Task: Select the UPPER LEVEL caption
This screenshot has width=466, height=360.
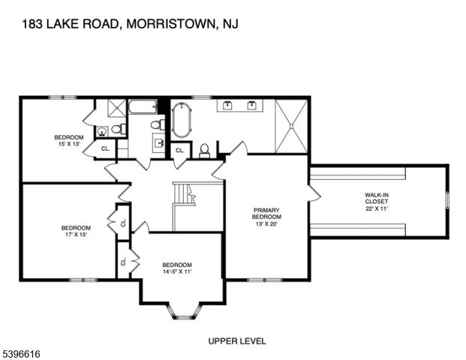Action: [x=237, y=341]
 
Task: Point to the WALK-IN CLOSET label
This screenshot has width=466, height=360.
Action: [x=377, y=202]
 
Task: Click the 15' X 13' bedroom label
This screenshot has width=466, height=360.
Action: [x=68, y=141]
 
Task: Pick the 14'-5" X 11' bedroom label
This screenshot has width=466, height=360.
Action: [x=177, y=268]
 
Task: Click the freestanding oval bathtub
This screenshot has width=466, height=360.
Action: [x=182, y=121]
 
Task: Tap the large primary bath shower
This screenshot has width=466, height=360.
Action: [x=290, y=125]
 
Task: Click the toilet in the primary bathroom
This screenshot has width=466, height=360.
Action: [x=204, y=150]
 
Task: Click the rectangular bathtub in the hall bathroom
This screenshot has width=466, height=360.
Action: [x=143, y=106]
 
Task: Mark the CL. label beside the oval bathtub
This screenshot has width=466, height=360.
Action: [x=179, y=151]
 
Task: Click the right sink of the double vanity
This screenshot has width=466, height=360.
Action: [x=251, y=106]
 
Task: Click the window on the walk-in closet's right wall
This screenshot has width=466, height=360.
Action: [x=447, y=201]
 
